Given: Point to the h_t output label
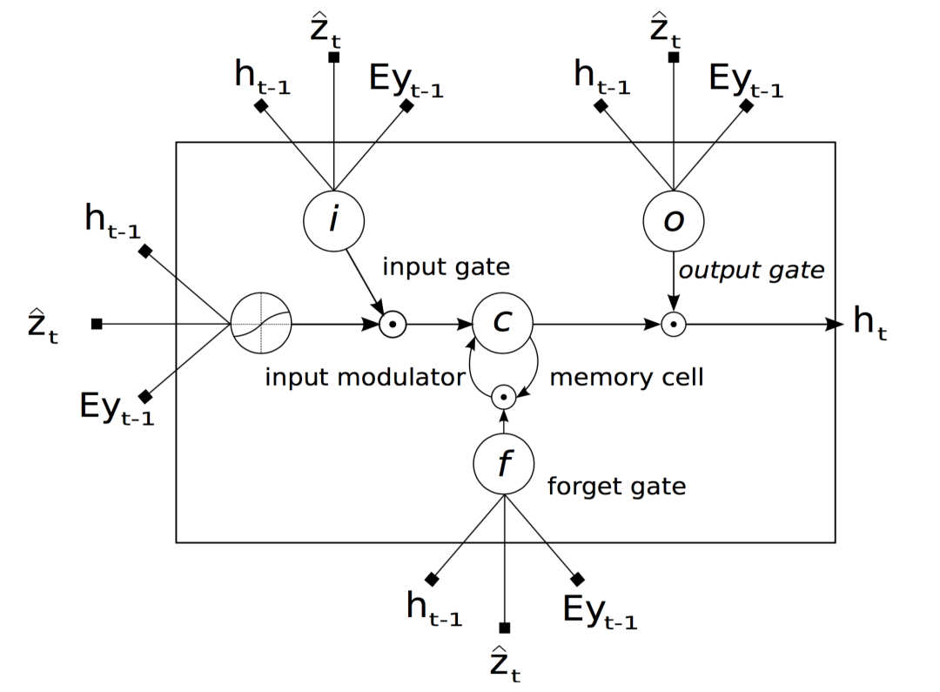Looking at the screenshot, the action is pyautogui.click(x=869, y=323).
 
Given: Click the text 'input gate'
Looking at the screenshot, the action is pyautogui.click(x=446, y=267).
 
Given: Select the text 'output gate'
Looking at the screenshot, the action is pyautogui.click(x=751, y=271).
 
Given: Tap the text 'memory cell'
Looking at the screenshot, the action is pyautogui.click(x=627, y=377).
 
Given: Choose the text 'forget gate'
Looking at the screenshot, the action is pyautogui.click(x=616, y=486).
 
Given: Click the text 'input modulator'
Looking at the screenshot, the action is pyautogui.click(x=365, y=377).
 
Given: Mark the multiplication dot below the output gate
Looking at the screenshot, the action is pyautogui.click(x=673, y=325).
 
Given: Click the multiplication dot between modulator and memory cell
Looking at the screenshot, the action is pyautogui.click(x=393, y=325).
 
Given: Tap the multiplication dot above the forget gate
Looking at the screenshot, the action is pyautogui.click(x=504, y=397).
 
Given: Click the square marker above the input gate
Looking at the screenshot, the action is pyautogui.click(x=334, y=57).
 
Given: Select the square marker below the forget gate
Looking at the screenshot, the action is pyautogui.click(x=504, y=628).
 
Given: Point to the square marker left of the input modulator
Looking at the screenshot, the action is pyautogui.click(x=97, y=324).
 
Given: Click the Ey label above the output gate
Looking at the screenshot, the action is pyautogui.click(x=746, y=81).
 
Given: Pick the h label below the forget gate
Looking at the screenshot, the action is pyautogui.click(x=434, y=608).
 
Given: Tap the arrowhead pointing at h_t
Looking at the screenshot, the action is pyautogui.click(x=835, y=325).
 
